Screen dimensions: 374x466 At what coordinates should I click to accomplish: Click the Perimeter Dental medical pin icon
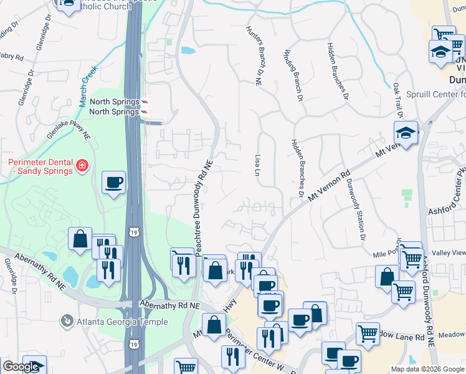[82, 165]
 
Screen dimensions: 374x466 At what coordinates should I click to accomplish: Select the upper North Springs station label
[114, 102]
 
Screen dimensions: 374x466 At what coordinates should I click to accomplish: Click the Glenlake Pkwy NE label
[68, 128]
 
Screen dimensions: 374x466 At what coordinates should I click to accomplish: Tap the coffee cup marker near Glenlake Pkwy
[114, 183]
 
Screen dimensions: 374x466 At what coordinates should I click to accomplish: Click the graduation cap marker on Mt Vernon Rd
[406, 133]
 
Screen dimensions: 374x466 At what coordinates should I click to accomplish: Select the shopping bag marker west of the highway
[80, 239]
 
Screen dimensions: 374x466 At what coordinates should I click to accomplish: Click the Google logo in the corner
[21, 367]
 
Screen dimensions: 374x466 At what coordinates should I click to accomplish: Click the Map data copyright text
[427, 369]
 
